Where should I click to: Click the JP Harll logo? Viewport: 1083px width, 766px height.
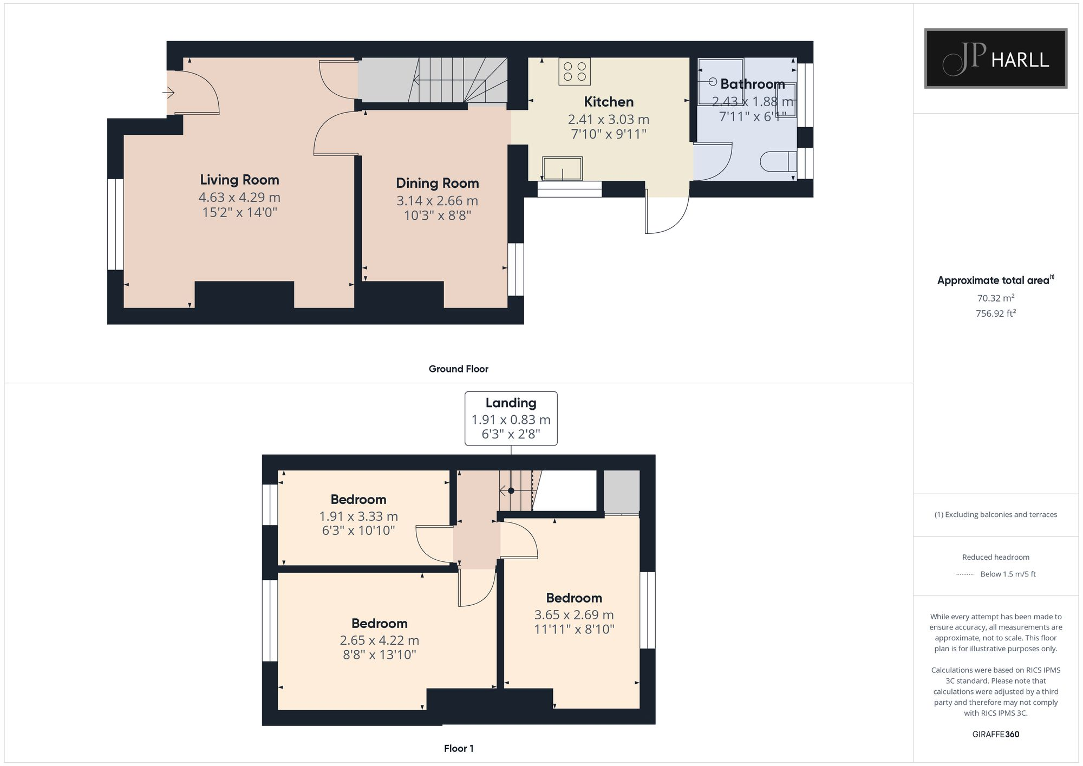[x=995, y=58]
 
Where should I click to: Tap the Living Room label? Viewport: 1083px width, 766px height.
[x=239, y=180]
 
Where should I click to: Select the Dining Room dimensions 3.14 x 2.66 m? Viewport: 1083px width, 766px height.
[x=437, y=201]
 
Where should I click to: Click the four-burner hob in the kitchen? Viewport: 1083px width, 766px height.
[x=575, y=71]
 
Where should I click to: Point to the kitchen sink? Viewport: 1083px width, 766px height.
[x=562, y=168]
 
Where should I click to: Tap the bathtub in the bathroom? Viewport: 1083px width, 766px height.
[x=720, y=82]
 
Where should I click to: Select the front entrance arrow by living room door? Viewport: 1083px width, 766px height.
[x=168, y=93]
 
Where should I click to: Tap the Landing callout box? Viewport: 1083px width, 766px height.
[x=511, y=418]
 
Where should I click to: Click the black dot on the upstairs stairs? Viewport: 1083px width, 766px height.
[x=511, y=491]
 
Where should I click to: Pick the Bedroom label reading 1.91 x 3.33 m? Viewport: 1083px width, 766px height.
[x=358, y=499]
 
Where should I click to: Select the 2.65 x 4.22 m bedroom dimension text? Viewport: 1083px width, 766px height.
[x=379, y=640]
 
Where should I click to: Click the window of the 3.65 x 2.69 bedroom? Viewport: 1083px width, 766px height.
[x=647, y=610]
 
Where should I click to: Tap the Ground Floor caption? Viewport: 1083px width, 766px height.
[x=458, y=369]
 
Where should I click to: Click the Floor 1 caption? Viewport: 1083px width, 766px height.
[x=458, y=748]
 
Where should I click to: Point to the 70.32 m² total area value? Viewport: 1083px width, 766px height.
[x=995, y=298]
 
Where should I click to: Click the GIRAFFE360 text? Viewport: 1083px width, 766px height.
[x=995, y=734]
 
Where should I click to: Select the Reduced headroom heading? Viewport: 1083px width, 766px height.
[x=995, y=557]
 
